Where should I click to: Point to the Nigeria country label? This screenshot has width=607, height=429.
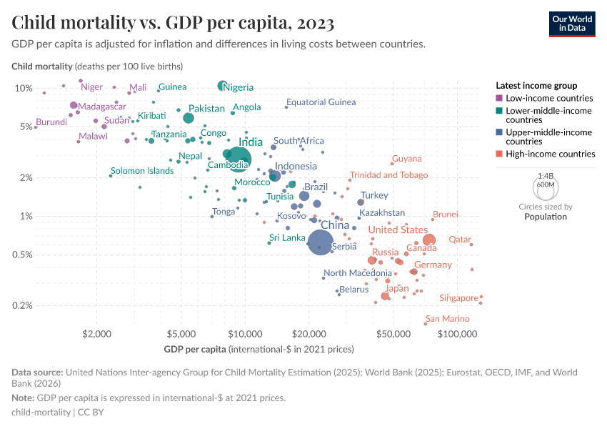pyautogui.click(x=239, y=87)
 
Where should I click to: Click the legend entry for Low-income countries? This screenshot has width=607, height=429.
pyautogui.click(x=549, y=98)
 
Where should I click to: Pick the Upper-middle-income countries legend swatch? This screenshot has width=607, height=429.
pyautogui.click(x=500, y=132)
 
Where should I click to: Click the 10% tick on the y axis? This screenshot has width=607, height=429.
pyautogui.click(x=24, y=88)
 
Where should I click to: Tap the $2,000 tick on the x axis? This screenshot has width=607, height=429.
pyautogui.click(x=96, y=334)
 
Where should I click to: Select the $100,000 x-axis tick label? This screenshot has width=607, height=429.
pyautogui.click(x=457, y=334)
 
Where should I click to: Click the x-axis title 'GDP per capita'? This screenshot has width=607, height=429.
pyautogui.click(x=195, y=350)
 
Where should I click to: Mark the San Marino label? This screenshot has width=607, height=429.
pyautogui.click(x=448, y=319)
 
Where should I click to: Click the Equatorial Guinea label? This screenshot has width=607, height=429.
pyautogui.click(x=321, y=102)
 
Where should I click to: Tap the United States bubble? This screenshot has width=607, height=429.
pyautogui.click(x=428, y=240)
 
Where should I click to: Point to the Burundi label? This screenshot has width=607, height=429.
pyautogui.click(x=51, y=122)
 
